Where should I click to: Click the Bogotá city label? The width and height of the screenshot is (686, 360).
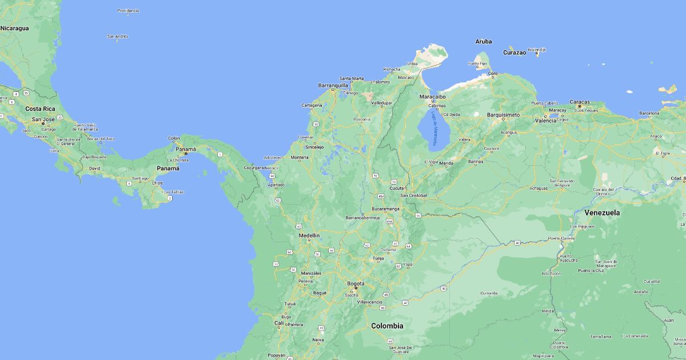(356, 283)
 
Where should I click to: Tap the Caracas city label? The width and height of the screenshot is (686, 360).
(579, 102)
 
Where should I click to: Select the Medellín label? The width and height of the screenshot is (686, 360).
(309, 235)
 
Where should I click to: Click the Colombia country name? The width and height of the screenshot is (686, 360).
(387, 326)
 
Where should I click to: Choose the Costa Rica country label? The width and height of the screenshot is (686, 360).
(40, 109)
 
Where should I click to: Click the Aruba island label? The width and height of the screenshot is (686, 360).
(484, 41)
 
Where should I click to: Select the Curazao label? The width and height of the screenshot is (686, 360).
(514, 52)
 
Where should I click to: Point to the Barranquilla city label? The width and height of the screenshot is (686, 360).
(333, 86)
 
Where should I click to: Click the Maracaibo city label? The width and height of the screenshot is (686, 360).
(433, 97)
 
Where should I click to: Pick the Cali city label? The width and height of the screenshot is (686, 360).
(279, 323)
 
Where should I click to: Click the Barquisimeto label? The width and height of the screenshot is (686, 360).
(503, 115)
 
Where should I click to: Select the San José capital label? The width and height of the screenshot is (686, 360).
(43, 120)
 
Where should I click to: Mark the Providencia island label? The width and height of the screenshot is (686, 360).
(128, 11)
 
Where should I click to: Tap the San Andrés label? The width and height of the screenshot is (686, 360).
(118, 37)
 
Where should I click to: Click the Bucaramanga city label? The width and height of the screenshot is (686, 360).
(385, 209)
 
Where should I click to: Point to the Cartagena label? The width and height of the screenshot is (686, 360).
(312, 105)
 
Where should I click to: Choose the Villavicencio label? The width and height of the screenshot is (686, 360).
(369, 301)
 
